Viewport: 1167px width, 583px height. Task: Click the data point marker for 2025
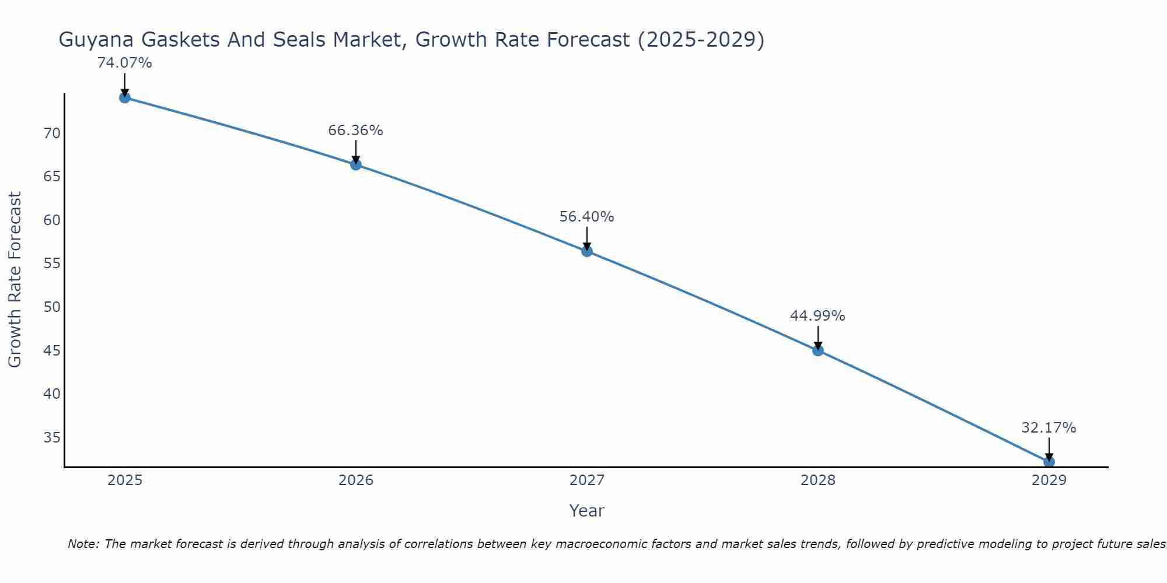[124, 97]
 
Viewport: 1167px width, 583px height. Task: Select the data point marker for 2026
[355, 164]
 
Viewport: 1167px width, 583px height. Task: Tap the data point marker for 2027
[586, 251]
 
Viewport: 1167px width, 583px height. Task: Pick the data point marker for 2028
[817, 350]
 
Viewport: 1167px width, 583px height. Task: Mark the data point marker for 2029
[1049, 462]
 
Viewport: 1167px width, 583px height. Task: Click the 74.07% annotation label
[124, 63]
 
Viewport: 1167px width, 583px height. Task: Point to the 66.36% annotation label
[355, 131]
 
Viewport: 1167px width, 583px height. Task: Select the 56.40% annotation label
[586, 217]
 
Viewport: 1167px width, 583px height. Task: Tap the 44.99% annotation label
[817, 316]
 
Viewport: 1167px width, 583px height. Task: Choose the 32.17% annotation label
[1049, 428]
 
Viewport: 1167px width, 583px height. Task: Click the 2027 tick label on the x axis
[586, 480]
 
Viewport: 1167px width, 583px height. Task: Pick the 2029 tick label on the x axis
[1049, 480]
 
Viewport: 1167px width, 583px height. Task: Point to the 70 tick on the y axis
[52, 134]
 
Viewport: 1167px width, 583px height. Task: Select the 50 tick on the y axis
[52, 307]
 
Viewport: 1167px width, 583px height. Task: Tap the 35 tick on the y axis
[52, 438]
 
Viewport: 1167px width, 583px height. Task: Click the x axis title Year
[586, 511]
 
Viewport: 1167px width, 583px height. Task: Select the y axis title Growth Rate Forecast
[15, 280]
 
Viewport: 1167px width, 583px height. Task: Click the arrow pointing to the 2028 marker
[817, 337]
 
